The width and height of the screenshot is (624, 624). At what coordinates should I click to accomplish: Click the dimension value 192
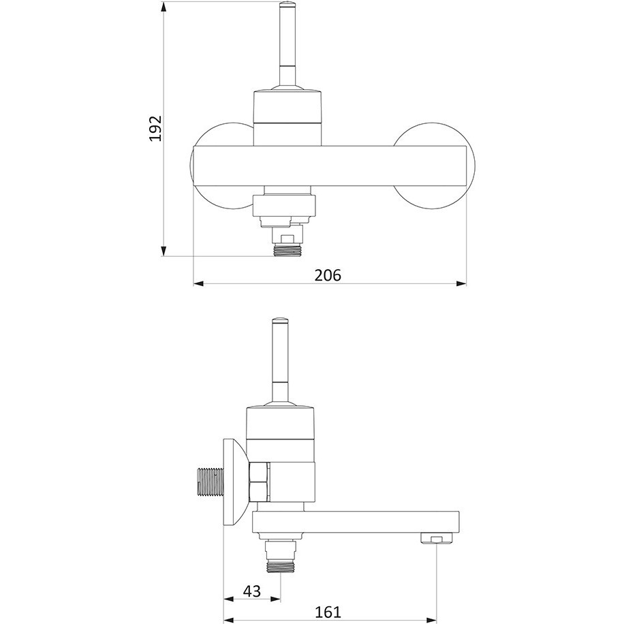click(155, 128)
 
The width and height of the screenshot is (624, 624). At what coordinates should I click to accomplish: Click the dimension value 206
click(328, 275)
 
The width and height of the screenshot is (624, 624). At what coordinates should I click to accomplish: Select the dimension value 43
click(251, 591)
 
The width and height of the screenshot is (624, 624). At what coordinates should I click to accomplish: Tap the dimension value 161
click(328, 612)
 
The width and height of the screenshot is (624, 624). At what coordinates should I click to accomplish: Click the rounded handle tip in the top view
click(287, 5)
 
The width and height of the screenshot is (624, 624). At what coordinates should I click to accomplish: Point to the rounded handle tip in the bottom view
click(281, 321)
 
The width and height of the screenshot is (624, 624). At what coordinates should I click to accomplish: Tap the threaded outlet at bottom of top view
click(287, 250)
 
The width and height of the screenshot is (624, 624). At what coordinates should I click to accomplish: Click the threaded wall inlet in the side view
click(211, 482)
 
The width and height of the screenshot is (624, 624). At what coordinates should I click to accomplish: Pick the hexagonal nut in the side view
click(259, 482)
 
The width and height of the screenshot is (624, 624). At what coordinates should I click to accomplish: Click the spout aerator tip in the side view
click(437, 539)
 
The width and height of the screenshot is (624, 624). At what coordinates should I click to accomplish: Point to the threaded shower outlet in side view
click(280, 566)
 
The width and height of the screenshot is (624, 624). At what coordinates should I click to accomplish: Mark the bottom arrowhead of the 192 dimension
click(163, 251)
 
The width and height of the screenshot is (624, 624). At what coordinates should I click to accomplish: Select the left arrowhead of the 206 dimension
click(199, 284)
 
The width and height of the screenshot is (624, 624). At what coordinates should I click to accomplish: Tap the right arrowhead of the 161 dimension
click(432, 621)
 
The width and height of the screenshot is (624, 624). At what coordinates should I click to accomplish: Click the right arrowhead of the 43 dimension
click(275, 599)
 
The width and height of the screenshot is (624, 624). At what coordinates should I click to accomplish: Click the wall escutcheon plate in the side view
click(235, 482)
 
